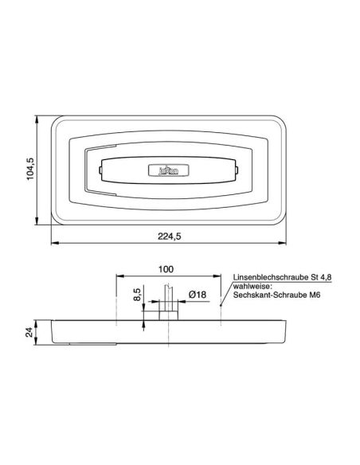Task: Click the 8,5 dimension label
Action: (x=137, y=296)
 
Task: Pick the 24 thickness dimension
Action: (x=29, y=332)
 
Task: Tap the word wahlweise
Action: (x=250, y=285)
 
